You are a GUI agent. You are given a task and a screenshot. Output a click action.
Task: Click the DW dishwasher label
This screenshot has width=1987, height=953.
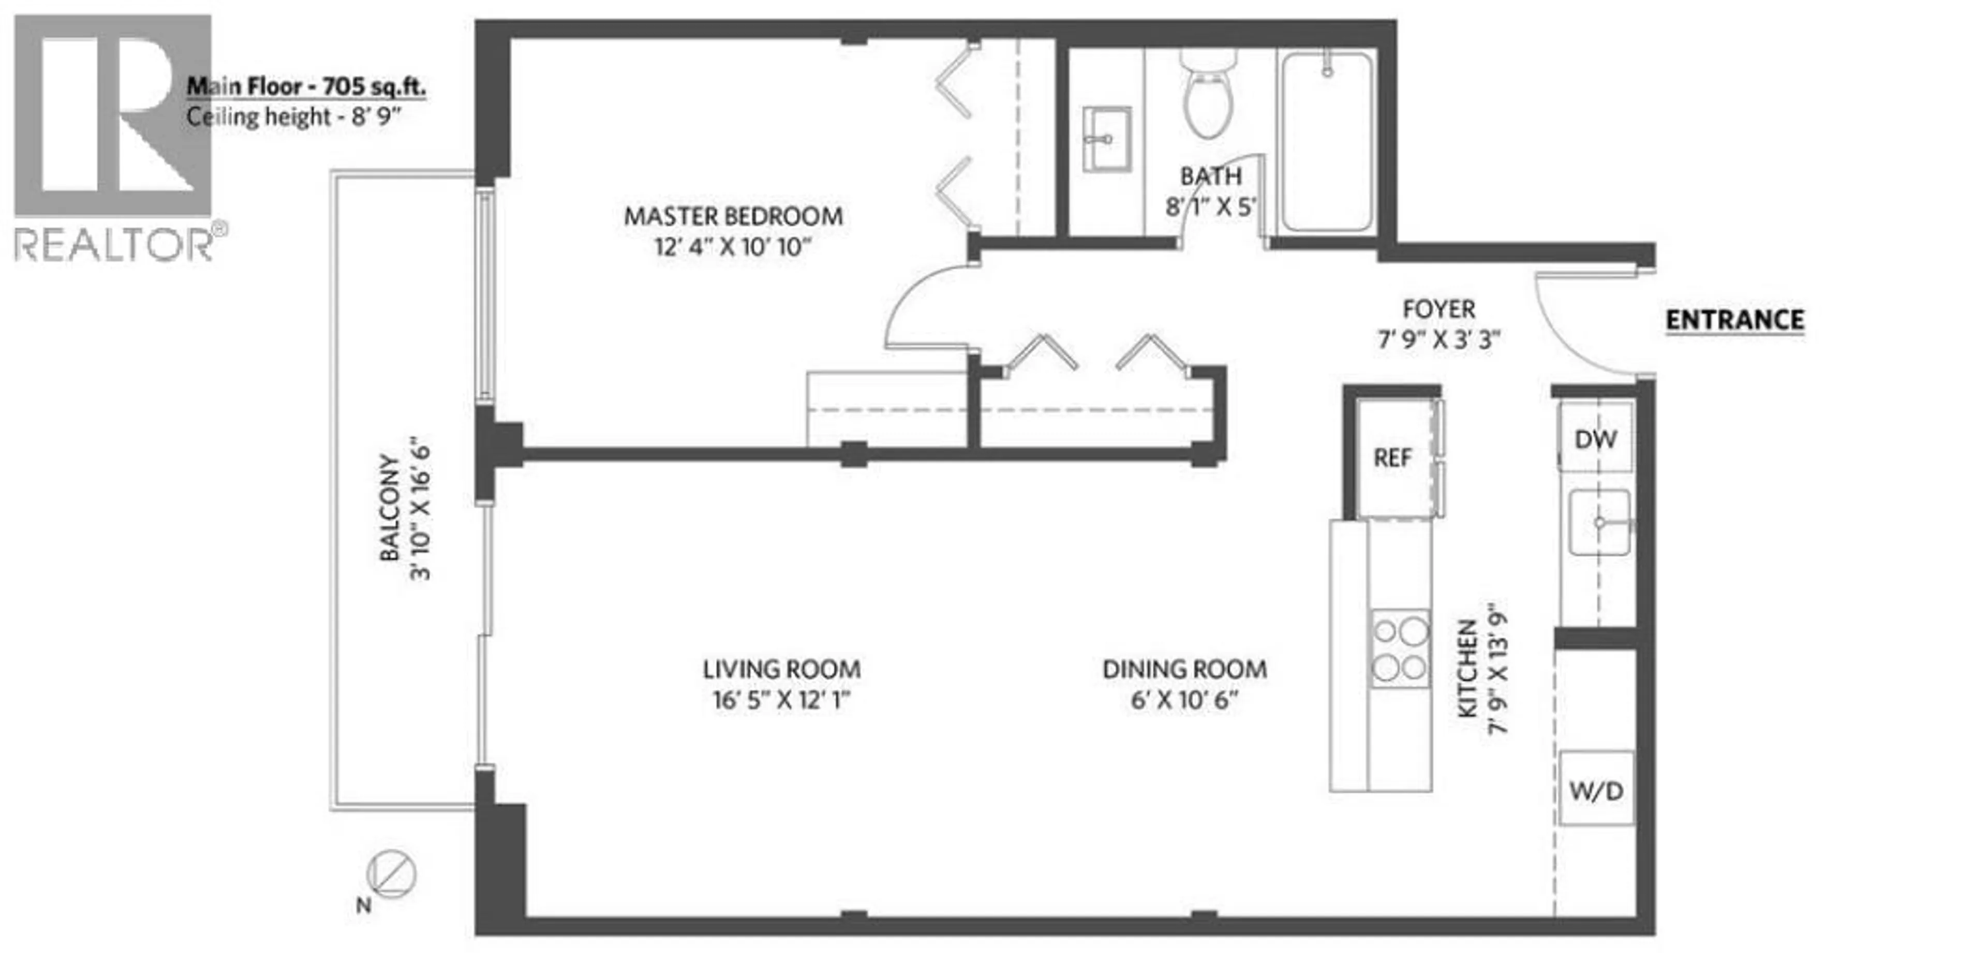tap(1595, 439)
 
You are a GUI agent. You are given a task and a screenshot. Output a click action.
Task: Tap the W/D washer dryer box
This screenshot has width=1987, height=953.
tap(1596, 791)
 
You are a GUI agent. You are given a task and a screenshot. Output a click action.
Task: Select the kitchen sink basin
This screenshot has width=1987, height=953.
tap(1599, 522)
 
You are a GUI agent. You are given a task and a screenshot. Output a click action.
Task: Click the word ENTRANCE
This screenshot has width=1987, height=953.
tap(1734, 320)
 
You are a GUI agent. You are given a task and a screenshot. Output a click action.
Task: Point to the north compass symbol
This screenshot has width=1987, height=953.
tap(391, 875)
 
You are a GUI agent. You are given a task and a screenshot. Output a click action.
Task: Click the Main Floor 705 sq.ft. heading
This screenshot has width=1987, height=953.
tap(306, 86)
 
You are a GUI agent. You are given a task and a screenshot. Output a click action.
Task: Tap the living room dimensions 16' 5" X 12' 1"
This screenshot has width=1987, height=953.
tap(781, 700)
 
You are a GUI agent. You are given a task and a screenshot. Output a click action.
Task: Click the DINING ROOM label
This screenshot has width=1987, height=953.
tap(1184, 669)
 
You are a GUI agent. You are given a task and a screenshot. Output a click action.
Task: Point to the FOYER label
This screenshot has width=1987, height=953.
tap(1438, 309)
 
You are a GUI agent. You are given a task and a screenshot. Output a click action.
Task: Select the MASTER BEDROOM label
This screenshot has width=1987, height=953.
tap(733, 217)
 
